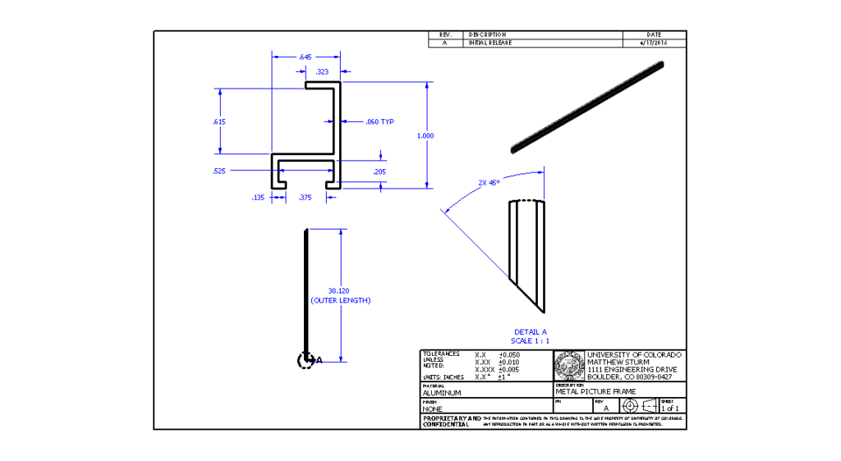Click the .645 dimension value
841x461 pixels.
pyautogui.click(x=306, y=57)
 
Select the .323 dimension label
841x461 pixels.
pyautogui.click(x=322, y=72)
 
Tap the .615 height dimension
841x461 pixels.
pyautogui.click(x=219, y=121)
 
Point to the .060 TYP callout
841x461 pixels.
pyautogui.click(x=379, y=122)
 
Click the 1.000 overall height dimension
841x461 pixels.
pyautogui.click(x=425, y=135)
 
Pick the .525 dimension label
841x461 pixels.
pyautogui.click(x=219, y=171)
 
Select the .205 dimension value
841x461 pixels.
pyautogui.click(x=379, y=171)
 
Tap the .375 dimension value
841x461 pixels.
pyautogui.click(x=305, y=197)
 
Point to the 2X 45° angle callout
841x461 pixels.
pyautogui.click(x=489, y=183)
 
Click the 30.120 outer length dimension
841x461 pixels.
pyautogui.click(x=339, y=291)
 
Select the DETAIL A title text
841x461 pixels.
pyautogui.click(x=531, y=332)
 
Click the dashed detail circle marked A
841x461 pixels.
pyautogui.click(x=306, y=359)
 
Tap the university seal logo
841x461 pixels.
pyautogui.click(x=569, y=365)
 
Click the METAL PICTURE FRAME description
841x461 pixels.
pyautogui.click(x=595, y=392)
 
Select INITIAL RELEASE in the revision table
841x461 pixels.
pyautogui.click(x=490, y=43)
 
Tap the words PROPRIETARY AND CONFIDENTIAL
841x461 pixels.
pyautogui.click(x=448, y=422)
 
